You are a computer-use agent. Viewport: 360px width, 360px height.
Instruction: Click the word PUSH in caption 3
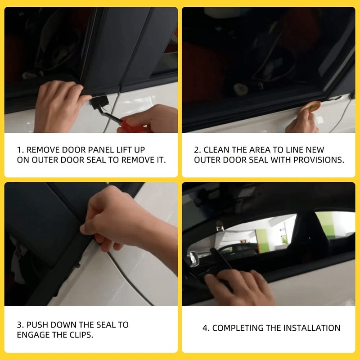38,324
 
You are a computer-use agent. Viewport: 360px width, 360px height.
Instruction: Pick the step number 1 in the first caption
19,149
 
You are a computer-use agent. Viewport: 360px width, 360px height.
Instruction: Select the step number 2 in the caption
196,149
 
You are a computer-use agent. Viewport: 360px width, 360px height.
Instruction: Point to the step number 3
19,324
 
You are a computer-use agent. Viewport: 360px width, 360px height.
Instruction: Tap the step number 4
205,328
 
